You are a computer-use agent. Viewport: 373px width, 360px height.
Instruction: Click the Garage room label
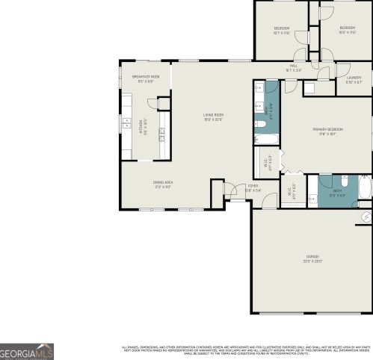pos(311,258)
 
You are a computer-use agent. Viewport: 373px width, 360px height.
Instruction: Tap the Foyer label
pos(253,187)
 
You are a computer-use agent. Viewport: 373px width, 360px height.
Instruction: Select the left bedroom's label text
pos(281,31)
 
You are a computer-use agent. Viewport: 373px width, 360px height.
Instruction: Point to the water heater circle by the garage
pos(366,216)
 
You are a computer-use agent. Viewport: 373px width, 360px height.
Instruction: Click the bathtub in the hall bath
pos(265,139)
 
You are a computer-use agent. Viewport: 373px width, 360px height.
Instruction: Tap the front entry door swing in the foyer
pos(234,190)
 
